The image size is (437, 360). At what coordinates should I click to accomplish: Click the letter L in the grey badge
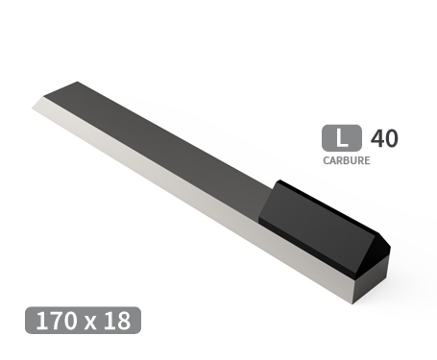pyautogui.click(x=342, y=138)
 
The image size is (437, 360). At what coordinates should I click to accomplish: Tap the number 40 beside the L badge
pyautogui.click(x=383, y=138)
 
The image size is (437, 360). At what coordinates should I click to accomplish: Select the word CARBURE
pyautogui.click(x=346, y=160)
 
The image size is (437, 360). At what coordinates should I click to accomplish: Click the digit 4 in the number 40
pyautogui.click(x=376, y=138)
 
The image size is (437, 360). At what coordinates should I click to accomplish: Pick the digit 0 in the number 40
pyautogui.click(x=390, y=138)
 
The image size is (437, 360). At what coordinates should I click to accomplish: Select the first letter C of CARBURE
pyautogui.click(x=327, y=160)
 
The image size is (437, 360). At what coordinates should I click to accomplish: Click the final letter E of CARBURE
pyautogui.click(x=366, y=160)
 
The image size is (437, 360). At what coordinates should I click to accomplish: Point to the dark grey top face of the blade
pyautogui.click(x=163, y=144)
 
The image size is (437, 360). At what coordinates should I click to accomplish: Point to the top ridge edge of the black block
pyautogui.click(x=327, y=206)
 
